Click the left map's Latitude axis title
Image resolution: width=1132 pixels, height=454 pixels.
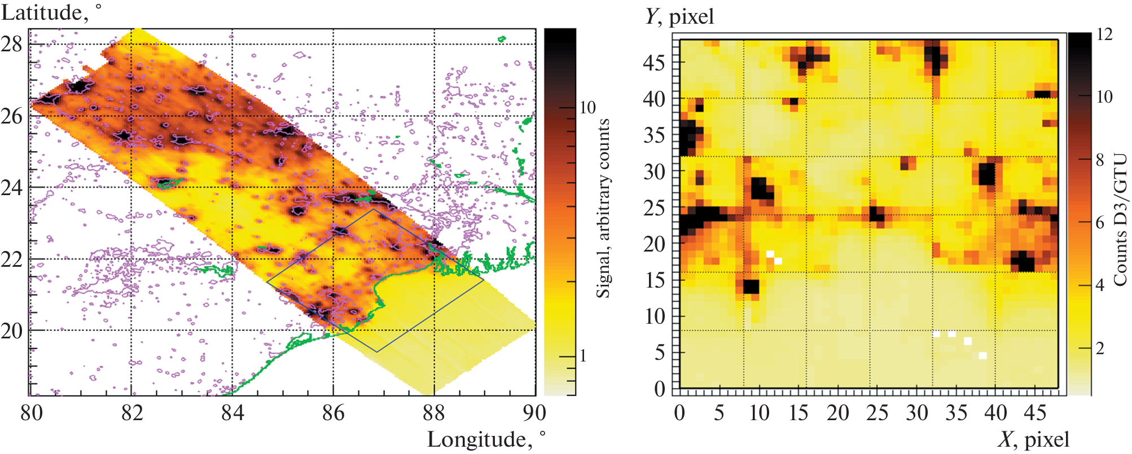(51, 12)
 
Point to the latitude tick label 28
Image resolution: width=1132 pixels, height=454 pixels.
(12, 44)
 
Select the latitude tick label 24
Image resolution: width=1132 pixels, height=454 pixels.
(12, 187)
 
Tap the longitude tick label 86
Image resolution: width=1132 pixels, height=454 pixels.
(333, 413)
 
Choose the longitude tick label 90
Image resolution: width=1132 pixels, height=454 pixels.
(534, 413)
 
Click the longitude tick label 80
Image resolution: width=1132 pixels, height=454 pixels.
(32, 413)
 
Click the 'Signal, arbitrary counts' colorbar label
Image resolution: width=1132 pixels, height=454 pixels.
(603, 209)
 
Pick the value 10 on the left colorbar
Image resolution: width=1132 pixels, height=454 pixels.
(587, 108)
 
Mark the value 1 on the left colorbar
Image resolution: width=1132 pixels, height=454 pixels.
(583, 356)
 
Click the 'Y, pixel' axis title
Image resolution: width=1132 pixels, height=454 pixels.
(679, 16)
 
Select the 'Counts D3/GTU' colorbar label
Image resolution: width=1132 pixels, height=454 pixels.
(1120, 220)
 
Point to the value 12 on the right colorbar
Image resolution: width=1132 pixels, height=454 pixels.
(1104, 34)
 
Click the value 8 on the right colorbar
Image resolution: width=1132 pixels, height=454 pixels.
(1100, 160)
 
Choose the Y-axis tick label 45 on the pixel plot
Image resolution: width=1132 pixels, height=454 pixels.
(654, 63)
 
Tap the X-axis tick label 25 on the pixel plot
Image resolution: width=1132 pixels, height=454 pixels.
(877, 413)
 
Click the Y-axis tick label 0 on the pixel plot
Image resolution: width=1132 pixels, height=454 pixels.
(660, 389)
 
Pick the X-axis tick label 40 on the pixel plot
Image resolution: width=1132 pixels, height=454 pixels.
(995, 413)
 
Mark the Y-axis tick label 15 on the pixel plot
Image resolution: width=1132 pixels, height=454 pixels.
(654, 280)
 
